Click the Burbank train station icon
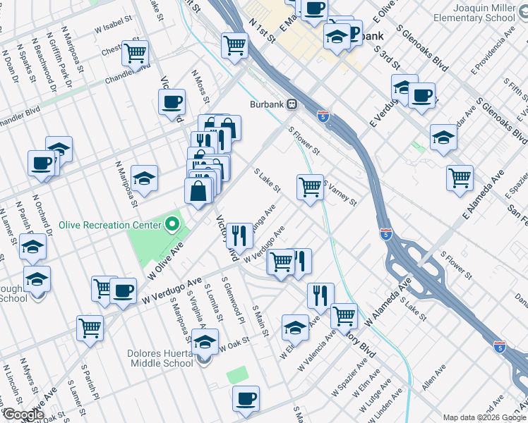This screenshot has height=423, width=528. click(291, 104)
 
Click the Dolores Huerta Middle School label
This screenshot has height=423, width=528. click(162, 357)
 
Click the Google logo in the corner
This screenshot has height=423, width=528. click(23, 414)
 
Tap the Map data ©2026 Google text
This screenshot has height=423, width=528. click(484, 417)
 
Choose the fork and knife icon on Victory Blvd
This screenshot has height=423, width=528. click(239, 236)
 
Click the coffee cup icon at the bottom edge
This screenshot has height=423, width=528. click(246, 398)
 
